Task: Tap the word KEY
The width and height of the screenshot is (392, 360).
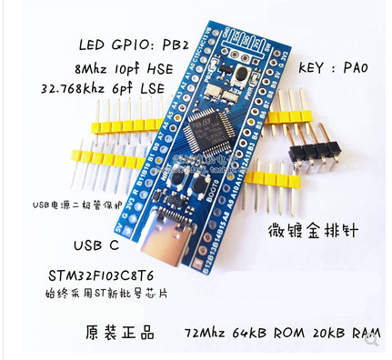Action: (305, 65)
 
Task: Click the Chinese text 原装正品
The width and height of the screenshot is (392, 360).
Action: (112, 328)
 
